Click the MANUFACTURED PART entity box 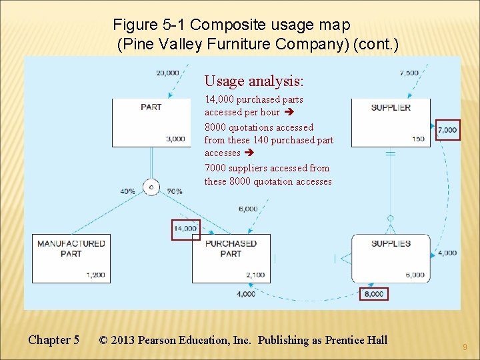coord(71,258)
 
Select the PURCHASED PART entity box coord(231,258)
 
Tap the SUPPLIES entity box coord(390,258)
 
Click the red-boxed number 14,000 coord(185,229)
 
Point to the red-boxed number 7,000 coord(447,130)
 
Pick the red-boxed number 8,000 coord(373,294)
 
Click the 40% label coord(128,191)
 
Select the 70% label coord(174,191)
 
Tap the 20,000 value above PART coord(167,73)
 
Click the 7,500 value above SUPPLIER coord(409,73)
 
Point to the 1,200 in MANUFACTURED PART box coord(95,275)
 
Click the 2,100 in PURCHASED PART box coord(255,275)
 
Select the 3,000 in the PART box coord(175,139)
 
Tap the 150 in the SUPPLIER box coord(418,139)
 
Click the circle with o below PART coord(151,187)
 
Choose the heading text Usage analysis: coord(253,81)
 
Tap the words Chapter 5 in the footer coord(53,340)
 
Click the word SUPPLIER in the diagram coord(391,107)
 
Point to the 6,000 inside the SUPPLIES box coord(414,275)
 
